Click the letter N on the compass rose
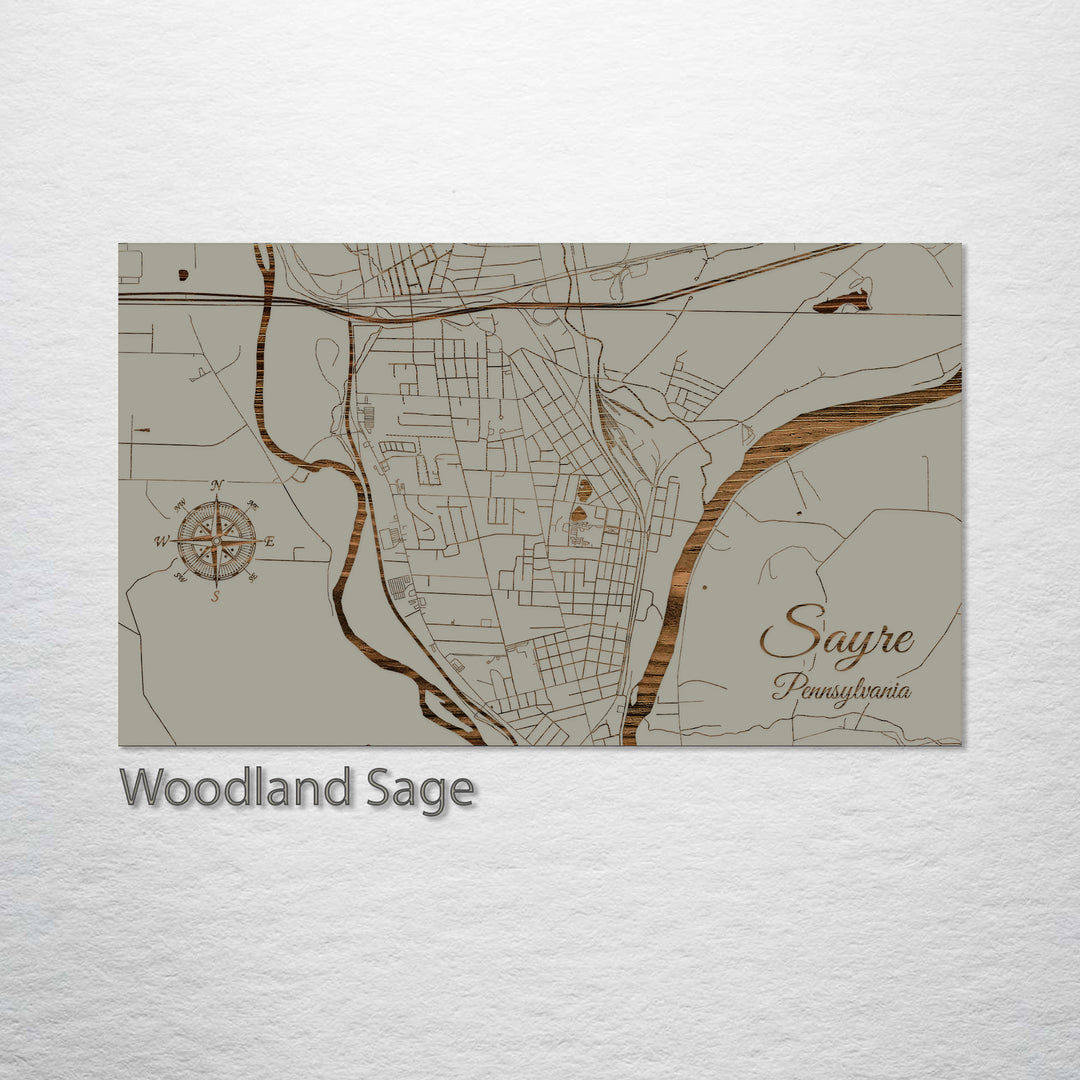[217, 485]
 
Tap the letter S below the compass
[215, 596]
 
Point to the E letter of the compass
[270, 541]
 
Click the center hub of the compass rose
[216, 541]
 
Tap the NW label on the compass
[180, 505]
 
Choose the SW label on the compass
[181, 576]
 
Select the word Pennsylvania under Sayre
[841, 689]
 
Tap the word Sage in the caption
[420, 789]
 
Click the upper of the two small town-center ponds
[584, 490]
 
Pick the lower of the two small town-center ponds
[577, 515]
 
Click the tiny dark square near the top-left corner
[183, 273]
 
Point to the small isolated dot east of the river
[704, 587]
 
